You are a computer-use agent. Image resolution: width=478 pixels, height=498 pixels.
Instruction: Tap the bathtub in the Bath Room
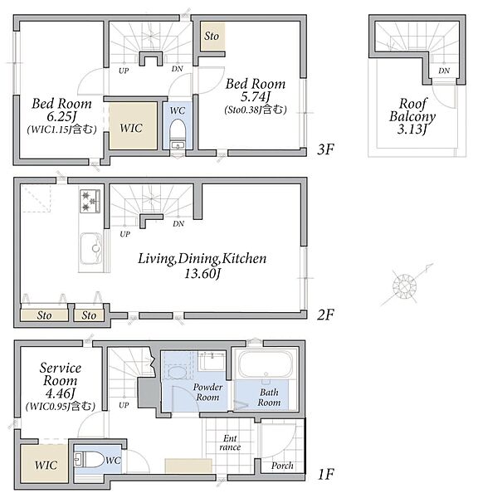pyautogui.click(x=266, y=364)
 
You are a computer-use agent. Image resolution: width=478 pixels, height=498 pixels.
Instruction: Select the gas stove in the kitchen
pyautogui.click(x=90, y=201)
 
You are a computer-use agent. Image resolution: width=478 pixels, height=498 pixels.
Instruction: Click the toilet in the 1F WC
pyautogui.click(x=90, y=460)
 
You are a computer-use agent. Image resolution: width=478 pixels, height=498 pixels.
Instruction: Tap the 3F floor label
pyautogui.click(x=325, y=149)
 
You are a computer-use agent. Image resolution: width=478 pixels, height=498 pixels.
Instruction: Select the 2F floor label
pyautogui.click(x=325, y=315)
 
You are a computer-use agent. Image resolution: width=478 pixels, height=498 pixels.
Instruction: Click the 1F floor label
pyautogui.click(x=326, y=475)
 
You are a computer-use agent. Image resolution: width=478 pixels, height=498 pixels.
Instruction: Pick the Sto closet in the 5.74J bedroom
pyautogui.click(x=212, y=36)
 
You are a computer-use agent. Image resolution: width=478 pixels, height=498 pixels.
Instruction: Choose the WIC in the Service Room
pyautogui.click(x=45, y=463)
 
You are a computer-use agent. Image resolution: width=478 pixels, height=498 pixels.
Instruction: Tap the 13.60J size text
pyautogui.click(x=202, y=273)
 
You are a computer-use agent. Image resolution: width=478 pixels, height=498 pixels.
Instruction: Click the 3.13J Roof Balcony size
pyautogui.click(x=412, y=129)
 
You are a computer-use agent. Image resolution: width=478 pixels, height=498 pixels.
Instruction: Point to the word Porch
pyautogui.click(x=282, y=466)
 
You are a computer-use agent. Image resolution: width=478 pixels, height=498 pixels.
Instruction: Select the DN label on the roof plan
pyautogui.click(x=444, y=71)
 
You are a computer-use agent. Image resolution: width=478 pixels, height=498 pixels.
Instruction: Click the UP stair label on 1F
pyautogui.click(x=124, y=405)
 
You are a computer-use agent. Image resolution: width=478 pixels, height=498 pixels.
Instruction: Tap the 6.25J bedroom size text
pyautogui.click(x=61, y=116)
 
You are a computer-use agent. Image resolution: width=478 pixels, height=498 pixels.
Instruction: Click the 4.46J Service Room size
pyautogui.click(x=60, y=393)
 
